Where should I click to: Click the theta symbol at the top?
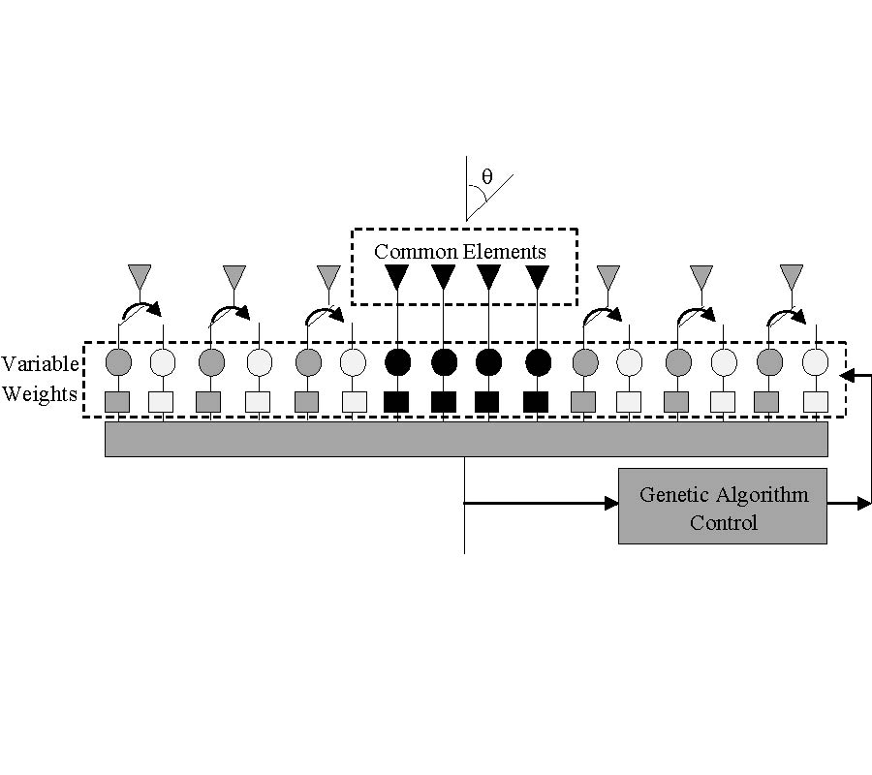pos(486,178)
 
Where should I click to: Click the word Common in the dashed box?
pos(416,252)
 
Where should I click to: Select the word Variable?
pos(40,364)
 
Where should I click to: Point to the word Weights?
pos(40,395)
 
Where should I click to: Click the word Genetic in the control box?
pos(674,495)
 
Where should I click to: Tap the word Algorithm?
pos(763,495)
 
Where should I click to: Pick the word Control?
pos(723,523)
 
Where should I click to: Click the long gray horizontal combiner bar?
pos(466,439)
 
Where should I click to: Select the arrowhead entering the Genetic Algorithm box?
pos(611,503)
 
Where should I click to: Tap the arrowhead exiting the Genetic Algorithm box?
pos(863,503)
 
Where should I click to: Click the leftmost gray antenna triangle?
pos(140,276)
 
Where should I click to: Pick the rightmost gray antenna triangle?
pos(793,276)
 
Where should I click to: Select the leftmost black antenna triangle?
pos(396,276)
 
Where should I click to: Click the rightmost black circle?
pos(538,362)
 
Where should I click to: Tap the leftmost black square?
pos(396,401)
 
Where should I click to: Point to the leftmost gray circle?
pos(117,362)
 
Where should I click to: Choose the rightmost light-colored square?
pos(816,401)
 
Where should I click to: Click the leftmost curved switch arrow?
pos(141,309)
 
